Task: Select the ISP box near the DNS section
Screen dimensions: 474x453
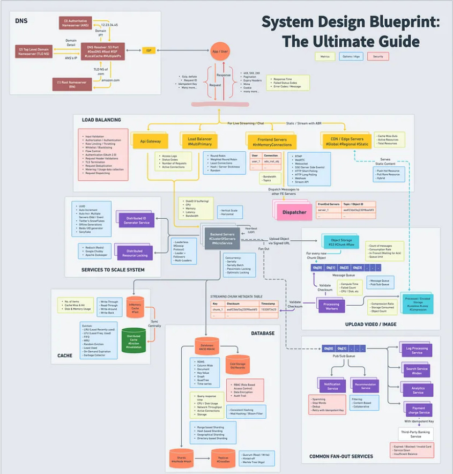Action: pyautogui.click(x=148, y=50)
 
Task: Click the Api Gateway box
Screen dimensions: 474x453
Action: pyautogui.click(x=151, y=141)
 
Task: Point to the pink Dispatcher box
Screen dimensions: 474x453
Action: pyautogui.click(x=294, y=212)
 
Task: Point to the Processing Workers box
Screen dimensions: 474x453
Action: pyautogui.click(x=332, y=306)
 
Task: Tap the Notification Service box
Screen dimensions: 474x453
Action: pyautogui.click(x=332, y=386)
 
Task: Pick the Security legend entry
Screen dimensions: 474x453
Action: pyautogui.click(x=378, y=56)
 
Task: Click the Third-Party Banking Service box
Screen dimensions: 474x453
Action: pyautogui.click(x=416, y=434)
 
